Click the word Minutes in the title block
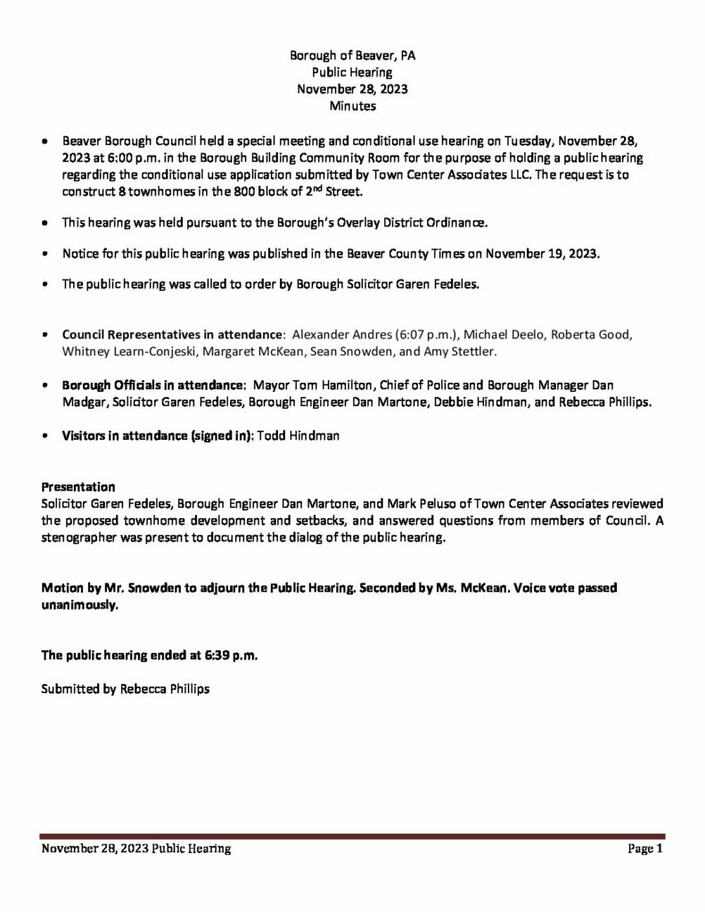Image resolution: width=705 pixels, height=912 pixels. click(x=352, y=106)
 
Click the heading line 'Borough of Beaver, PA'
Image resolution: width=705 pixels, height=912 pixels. click(x=352, y=55)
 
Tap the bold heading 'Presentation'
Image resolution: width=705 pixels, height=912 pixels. click(x=78, y=487)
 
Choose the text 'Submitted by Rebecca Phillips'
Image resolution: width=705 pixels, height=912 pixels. click(x=126, y=688)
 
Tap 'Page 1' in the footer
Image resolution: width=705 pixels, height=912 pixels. click(x=645, y=849)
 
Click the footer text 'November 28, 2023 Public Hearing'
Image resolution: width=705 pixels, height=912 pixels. click(x=136, y=849)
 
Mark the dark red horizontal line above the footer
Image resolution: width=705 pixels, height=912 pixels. click(x=352, y=836)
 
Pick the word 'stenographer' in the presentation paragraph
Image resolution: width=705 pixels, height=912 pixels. click(x=80, y=538)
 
